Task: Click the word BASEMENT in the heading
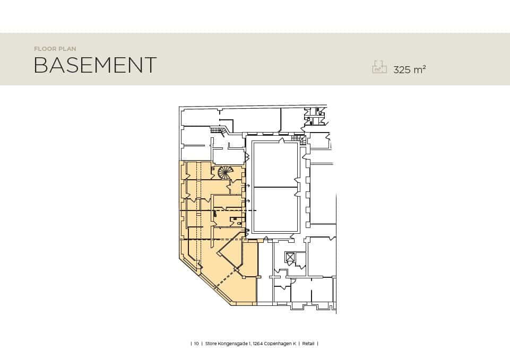(95, 65)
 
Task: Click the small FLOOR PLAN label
(55, 49)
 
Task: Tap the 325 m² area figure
(410, 69)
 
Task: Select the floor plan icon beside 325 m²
(379, 67)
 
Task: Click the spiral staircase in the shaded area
(226, 172)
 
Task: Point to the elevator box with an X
(289, 257)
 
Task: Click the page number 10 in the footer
(196, 344)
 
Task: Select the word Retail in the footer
(308, 344)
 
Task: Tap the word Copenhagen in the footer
(278, 344)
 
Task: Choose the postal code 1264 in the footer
(257, 344)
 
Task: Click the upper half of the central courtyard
(275, 164)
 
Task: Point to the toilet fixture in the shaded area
(239, 223)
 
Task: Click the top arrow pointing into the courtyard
(247, 186)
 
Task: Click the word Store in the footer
(211, 344)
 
